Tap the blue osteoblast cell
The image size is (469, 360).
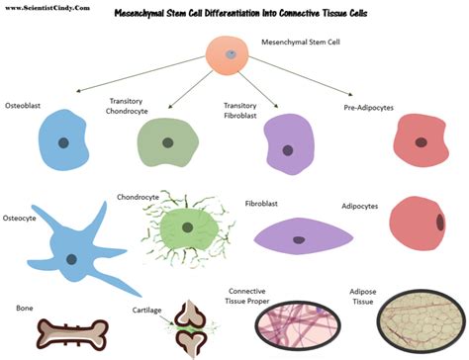pos(62,141)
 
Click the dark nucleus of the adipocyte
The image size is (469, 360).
pos(438,221)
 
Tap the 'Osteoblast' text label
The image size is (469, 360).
pos(23,103)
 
